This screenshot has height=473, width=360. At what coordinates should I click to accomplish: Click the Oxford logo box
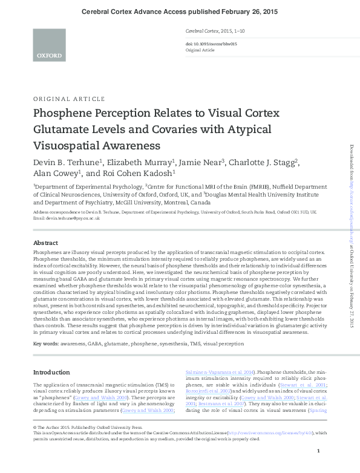click(49, 45)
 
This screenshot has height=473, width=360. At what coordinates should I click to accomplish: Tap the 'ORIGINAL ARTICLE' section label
click(69, 99)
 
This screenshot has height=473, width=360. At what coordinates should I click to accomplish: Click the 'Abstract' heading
click(46, 258)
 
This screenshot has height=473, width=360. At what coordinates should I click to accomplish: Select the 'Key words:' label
click(46, 343)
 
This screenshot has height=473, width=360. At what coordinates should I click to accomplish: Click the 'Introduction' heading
click(51, 372)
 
